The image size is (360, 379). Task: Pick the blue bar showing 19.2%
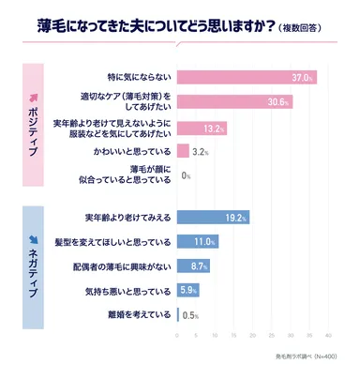(x=213, y=218)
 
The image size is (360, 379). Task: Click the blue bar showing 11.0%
(x=197, y=241)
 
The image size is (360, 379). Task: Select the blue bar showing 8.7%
(x=193, y=266)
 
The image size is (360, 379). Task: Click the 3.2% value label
(x=199, y=150)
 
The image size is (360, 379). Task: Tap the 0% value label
(x=187, y=175)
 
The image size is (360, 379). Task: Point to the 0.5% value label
(x=191, y=314)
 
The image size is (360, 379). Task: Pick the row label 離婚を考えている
(x=138, y=314)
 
